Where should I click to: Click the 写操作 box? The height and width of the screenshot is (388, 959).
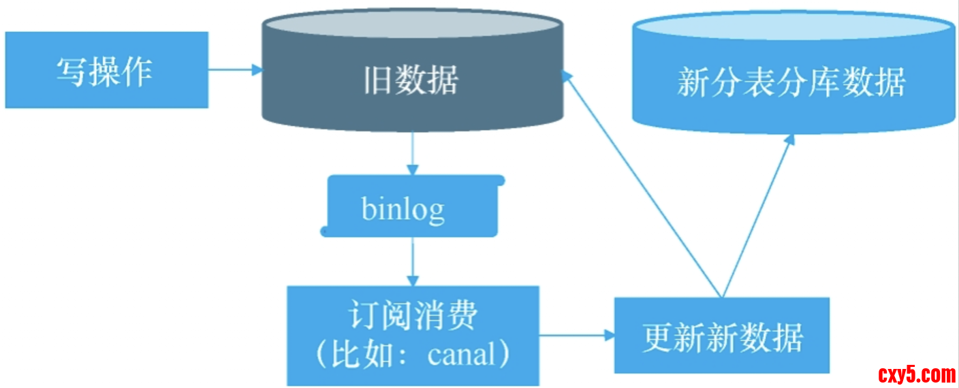coord(106,69)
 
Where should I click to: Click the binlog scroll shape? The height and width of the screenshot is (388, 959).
coord(412,206)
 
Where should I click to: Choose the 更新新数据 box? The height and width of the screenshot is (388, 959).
coord(722,336)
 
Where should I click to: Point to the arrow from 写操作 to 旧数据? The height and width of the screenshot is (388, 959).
coord(235,69)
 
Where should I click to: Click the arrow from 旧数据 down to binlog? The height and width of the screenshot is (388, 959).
coord(412,153)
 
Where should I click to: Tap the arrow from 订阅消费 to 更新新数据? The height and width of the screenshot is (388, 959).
coord(576,335)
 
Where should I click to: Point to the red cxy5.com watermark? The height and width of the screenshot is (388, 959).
coord(916,374)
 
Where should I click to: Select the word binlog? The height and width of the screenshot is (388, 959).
coord(403,208)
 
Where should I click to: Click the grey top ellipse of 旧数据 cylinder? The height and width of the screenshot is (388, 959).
coord(412,26)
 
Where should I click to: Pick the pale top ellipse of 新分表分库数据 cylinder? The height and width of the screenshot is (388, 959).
coord(793,27)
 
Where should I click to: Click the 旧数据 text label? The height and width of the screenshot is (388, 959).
coord(411,80)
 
